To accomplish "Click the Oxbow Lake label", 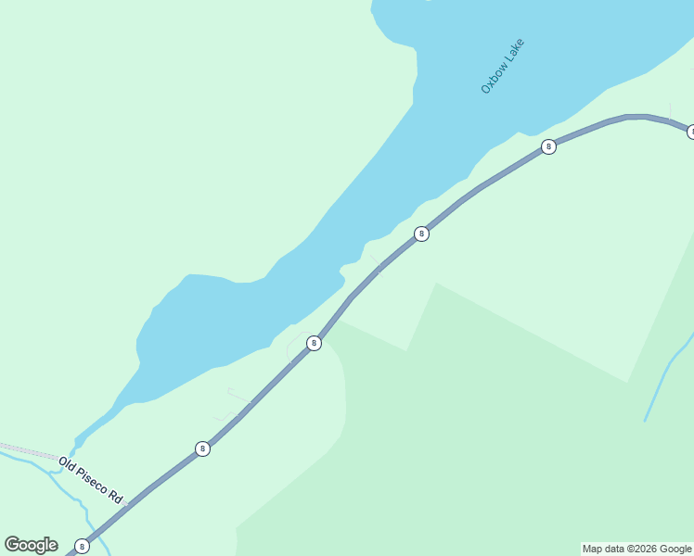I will (503, 66).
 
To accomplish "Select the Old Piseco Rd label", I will (90, 479).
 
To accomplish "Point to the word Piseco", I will (92, 480).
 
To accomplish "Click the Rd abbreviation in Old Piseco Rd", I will (116, 497).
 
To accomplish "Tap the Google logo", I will (31, 545).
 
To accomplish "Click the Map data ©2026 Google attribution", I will (636, 549).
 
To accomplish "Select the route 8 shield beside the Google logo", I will (83, 546).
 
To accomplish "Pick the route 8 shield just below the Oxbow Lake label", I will (548, 146).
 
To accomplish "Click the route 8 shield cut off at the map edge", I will (690, 132).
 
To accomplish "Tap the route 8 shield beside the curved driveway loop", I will (314, 343).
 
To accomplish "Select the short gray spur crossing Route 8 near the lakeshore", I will (375, 263).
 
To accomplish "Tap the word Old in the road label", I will (66, 462).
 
